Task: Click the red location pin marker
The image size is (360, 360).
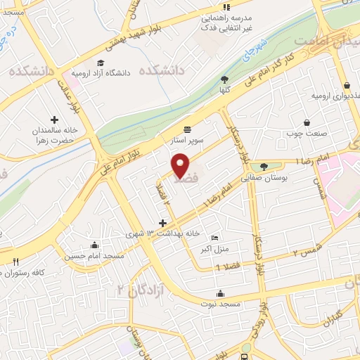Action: [x=181, y=166]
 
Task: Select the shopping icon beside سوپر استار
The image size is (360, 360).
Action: [x=187, y=129]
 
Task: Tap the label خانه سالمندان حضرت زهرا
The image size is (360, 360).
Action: [x=53, y=135]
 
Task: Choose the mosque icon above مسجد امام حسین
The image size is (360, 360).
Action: [x=94, y=245]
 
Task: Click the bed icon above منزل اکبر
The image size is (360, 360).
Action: [x=215, y=237]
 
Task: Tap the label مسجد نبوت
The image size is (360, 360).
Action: [x=220, y=304]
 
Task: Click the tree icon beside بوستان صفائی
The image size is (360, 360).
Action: [x=264, y=167]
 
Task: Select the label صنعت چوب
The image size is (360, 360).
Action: [x=304, y=133]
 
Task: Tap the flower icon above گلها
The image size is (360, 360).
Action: [x=224, y=79]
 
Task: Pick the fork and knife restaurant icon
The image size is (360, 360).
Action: [x=15, y=262]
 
